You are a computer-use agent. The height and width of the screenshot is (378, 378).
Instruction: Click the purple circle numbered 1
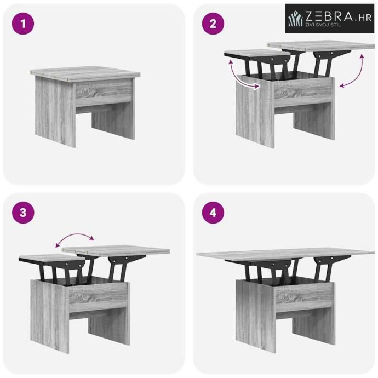[x=23, y=24]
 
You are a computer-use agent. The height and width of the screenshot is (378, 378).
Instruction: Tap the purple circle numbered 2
[x=213, y=24]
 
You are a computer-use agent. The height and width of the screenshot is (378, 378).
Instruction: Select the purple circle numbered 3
[x=23, y=213]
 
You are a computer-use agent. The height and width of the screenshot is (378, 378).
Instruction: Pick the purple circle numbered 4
[x=213, y=213]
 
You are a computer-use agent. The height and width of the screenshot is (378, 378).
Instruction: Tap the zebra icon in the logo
[x=295, y=19]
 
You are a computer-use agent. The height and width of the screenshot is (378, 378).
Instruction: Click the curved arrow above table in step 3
[x=75, y=237]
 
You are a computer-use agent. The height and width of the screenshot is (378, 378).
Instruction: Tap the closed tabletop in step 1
[x=85, y=72]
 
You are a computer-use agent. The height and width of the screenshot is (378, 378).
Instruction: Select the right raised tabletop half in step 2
[x=321, y=45]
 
